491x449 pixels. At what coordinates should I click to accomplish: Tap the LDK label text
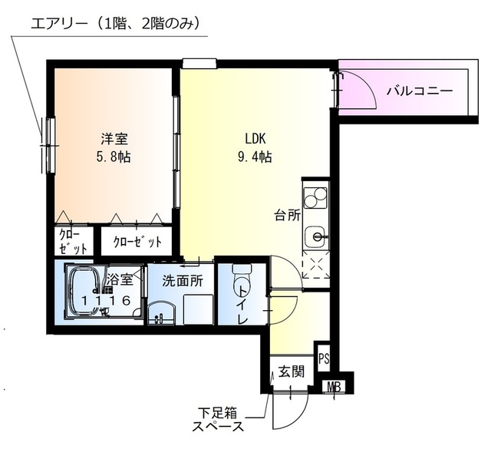255,140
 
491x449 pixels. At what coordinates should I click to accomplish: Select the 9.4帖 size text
255,157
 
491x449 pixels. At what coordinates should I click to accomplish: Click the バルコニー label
419,91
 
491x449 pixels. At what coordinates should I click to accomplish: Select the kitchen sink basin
315,236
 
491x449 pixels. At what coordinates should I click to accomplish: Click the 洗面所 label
182,281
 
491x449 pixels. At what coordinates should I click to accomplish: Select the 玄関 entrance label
292,372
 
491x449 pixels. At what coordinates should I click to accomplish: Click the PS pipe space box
325,357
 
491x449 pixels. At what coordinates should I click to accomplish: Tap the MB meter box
334,388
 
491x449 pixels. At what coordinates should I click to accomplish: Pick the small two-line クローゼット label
71,242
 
